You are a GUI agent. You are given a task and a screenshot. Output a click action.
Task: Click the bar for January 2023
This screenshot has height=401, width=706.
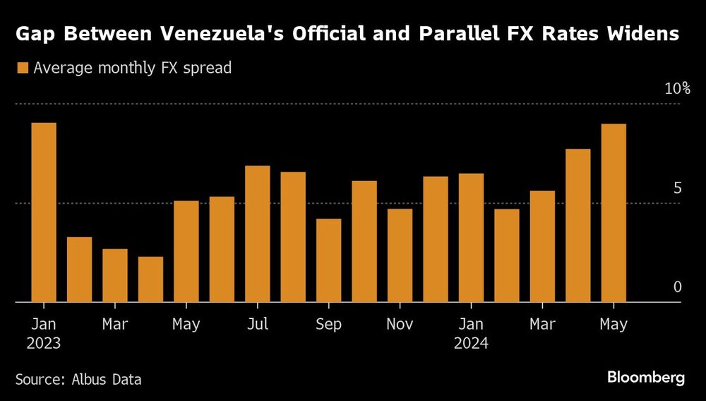pos(44,212)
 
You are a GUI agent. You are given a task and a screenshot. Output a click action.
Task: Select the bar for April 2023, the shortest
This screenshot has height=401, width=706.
pos(150,279)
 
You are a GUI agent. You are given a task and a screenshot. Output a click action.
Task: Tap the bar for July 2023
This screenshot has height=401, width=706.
pos(258,234)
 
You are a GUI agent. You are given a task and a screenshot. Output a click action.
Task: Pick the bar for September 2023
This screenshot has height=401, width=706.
pos(328,260)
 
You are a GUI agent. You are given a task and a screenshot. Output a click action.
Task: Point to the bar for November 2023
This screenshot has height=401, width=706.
pos(400,255)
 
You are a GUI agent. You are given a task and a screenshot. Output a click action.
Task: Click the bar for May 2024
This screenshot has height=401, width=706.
pos(613,213)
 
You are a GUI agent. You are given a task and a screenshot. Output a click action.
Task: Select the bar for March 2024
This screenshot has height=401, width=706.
pos(542,246)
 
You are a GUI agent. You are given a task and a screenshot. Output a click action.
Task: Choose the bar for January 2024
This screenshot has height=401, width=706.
pos(471,238)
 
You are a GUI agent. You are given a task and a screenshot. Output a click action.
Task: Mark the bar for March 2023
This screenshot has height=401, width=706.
pos(115,275)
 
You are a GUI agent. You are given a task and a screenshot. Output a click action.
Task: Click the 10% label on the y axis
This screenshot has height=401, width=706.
pos(676,89)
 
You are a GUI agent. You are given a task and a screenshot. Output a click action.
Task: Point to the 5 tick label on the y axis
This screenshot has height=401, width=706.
pos(677,188)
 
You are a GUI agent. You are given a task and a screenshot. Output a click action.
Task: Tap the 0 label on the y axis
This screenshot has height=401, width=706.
pos(677,287)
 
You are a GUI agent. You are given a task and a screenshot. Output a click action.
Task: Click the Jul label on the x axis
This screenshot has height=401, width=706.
pos(258,325)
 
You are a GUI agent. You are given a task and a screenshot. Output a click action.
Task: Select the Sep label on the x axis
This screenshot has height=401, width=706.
pos(328,325)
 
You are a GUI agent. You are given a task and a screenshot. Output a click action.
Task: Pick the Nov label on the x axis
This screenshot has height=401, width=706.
pos(400,325)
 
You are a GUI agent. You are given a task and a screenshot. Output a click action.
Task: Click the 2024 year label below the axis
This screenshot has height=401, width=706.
pos(471,344)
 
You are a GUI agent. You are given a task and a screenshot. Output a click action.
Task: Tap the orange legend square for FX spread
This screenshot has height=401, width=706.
pos(22,69)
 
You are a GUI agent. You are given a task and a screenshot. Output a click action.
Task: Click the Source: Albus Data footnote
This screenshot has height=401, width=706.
pos(78,380)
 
